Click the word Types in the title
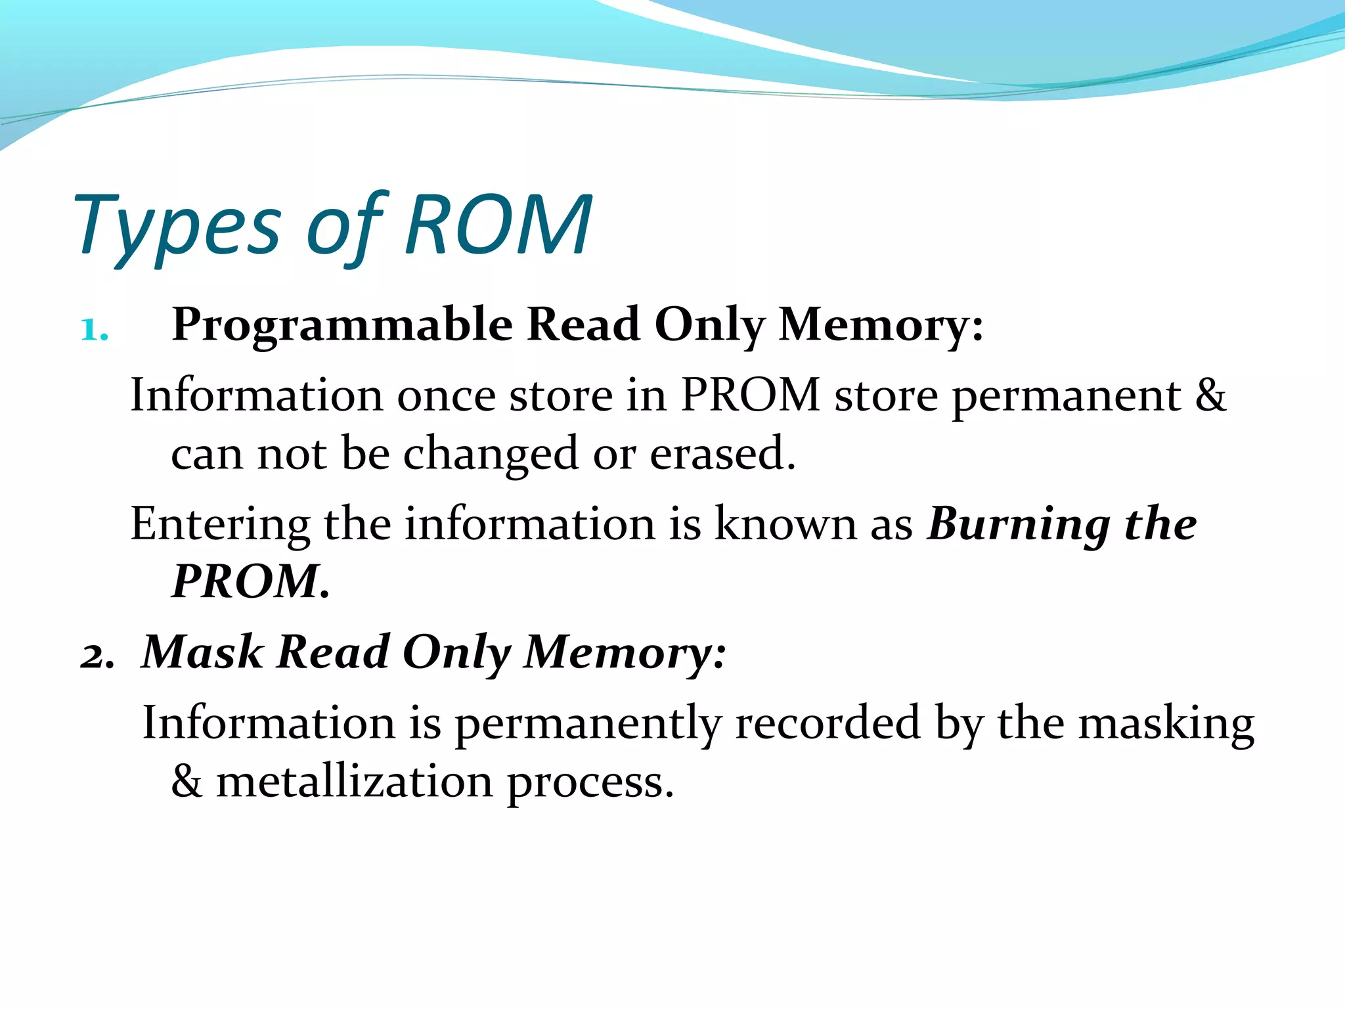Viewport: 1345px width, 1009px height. [177, 227]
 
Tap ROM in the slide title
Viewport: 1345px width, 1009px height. [498, 225]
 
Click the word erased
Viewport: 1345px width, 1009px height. [722, 453]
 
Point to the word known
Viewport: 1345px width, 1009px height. [785, 524]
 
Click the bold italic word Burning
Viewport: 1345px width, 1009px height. [1019, 525]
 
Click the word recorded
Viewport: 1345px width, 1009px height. [827, 723]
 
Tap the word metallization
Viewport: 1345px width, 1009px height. [354, 782]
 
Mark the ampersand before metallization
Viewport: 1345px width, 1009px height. [187, 782]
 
